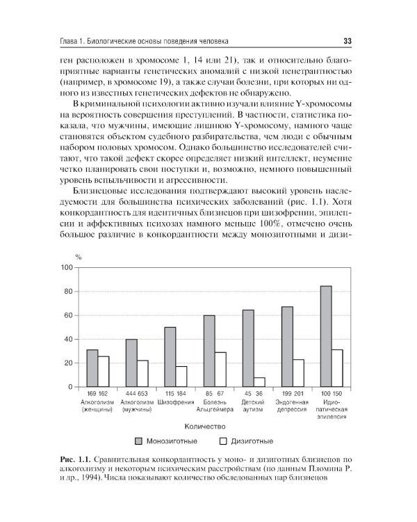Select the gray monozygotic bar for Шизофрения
[170, 356]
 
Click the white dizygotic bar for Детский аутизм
[259, 382]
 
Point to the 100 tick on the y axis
[67, 268]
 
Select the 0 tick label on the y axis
[69, 387]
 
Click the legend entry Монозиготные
[172, 441]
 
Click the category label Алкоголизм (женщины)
[97, 406]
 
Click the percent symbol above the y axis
[69, 258]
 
